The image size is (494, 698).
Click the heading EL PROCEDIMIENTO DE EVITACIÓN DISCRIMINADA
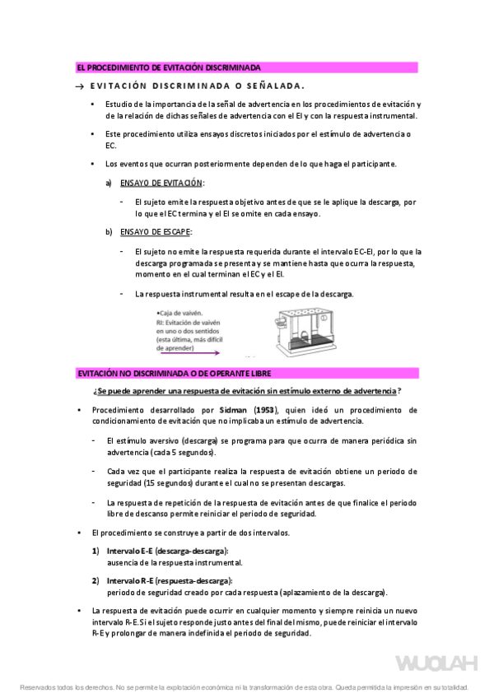coord(168,67)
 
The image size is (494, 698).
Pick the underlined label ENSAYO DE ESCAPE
coord(155,232)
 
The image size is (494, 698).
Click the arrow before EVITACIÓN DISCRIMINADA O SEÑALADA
coord(80,86)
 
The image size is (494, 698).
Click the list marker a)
coord(109,183)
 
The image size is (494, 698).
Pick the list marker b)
coord(109,232)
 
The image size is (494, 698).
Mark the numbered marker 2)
coord(96,580)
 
